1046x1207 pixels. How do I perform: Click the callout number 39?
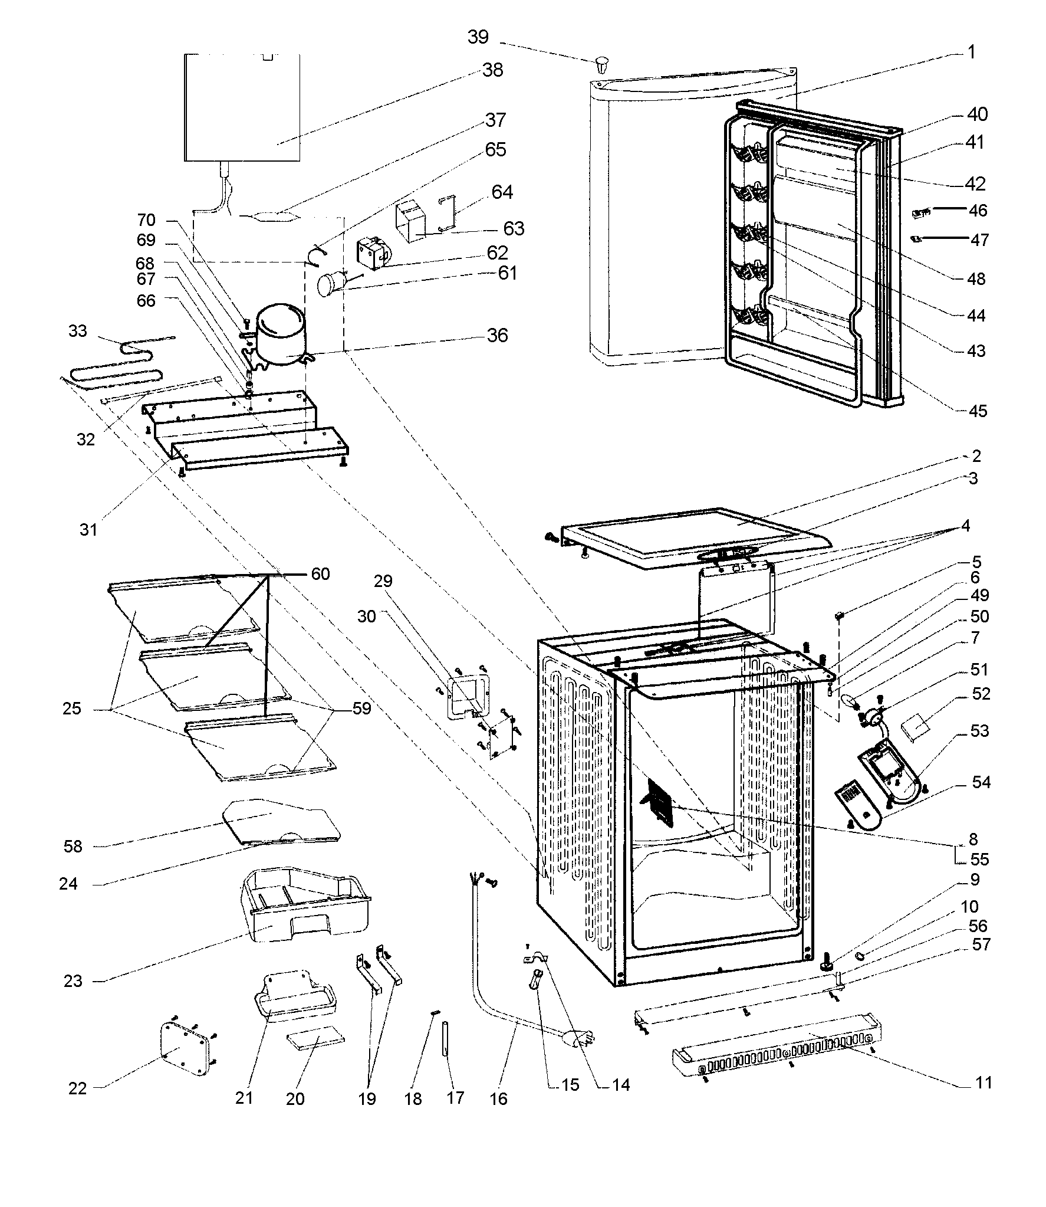(478, 37)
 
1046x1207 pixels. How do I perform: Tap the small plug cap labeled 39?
(602, 64)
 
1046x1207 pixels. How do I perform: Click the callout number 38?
(493, 70)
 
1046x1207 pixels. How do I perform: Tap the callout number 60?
(320, 573)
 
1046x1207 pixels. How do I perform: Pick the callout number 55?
(979, 859)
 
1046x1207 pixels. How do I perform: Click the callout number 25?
(71, 708)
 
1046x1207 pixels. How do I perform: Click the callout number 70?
(146, 221)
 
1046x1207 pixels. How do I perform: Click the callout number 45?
(978, 411)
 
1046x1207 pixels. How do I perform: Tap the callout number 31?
(88, 530)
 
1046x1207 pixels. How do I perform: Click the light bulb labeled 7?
(850, 702)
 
